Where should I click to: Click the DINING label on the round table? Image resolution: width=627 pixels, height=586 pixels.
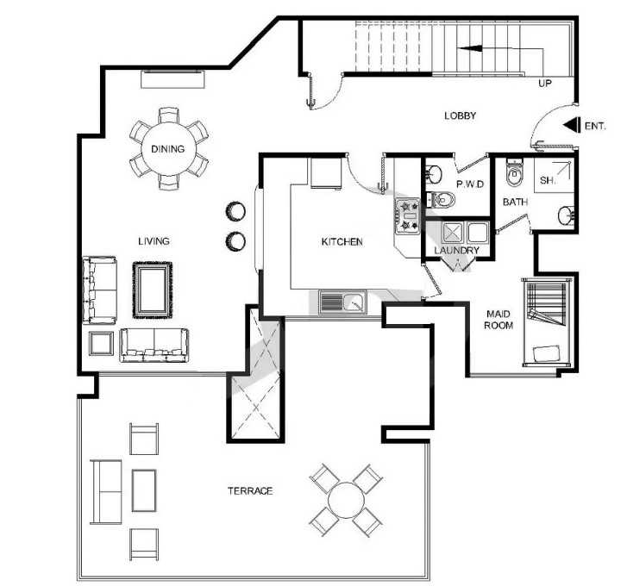pyautogui.click(x=168, y=149)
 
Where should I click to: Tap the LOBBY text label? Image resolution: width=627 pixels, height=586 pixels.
pyautogui.click(x=461, y=115)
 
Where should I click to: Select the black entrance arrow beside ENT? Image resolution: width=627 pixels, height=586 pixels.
pyautogui.click(x=572, y=125)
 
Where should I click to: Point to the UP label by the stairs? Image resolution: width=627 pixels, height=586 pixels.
pyautogui.click(x=544, y=83)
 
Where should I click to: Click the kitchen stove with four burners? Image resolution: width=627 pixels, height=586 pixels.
pyautogui.click(x=407, y=216)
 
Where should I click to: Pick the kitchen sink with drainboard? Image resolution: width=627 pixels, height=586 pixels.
pyautogui.click(x=342, y=302)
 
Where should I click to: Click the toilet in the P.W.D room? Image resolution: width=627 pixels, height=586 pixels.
pyautogui.click(x=440, y=199)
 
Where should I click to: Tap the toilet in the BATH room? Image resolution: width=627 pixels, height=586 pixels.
pyautogui.click(x=514, y=172)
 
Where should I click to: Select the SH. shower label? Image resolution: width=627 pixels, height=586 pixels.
pyautogui.click(x=548, y=180)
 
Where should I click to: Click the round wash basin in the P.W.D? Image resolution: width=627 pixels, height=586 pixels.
pyautogui.click(x=433, y=174)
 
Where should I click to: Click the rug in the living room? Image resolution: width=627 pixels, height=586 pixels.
pyautogui.click(x=153, y=290)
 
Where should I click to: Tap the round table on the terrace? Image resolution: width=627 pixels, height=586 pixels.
pyautogui.click(x=347, y=501)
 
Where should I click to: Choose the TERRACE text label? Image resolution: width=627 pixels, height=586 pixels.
pyautogui.click(x=250, y=491)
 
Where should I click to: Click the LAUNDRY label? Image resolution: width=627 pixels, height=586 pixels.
pyautogui.click(x=456, y=251)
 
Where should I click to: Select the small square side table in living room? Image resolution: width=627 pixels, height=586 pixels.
pyautogui.click(x=101, y=344)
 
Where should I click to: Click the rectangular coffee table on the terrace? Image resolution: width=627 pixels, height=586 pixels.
pyautogui.click(x=144, y=490)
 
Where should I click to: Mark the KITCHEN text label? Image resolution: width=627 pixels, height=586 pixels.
pyautogui.click(x=342, y=241)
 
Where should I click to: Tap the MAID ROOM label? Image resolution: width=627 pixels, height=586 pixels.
pyautogui.click(x=498, y=320)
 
